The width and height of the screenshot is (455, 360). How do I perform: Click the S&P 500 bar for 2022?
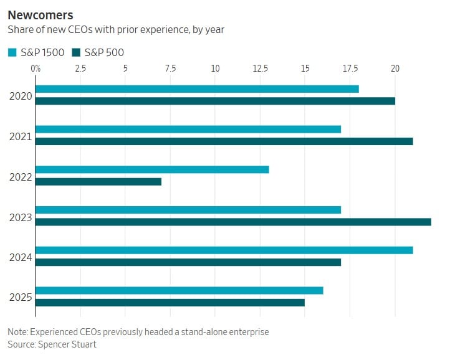pyautogui.click(x=98, y=181)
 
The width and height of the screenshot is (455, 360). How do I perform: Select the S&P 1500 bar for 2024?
pyautogui.click(x=224, y=250)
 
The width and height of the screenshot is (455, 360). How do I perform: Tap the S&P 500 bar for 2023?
pyautogui.click(x=233, y=222)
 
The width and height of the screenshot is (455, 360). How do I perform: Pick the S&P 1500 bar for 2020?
pyautogui.click(x=197, y=88)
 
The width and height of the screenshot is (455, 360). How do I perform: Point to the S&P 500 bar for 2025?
pyautogui.click(x=170, y=302)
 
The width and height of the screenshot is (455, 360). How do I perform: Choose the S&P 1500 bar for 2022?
pyautogui.click(x=152, y=169)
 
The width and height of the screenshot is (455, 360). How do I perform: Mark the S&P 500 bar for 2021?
pyautogui.click(x=224, y=141)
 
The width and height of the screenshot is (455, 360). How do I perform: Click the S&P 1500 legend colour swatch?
pyautogui.click(x=12, y=52)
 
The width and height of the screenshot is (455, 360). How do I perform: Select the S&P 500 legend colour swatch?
pyautogui.click(x=77, y=52)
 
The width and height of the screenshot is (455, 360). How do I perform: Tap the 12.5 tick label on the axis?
pyautogui.click(x=260, y=67)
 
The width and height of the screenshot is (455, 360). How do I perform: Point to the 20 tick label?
pyautogui.click(x=395, y=67)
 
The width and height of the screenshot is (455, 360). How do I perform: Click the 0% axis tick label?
pyautogui.click(x=36, y=67)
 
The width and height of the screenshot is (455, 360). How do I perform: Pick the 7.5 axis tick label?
pyautogui.click(x=170, y=67)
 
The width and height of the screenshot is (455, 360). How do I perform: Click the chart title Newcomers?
pyautogui.click(x=40, y=14)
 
